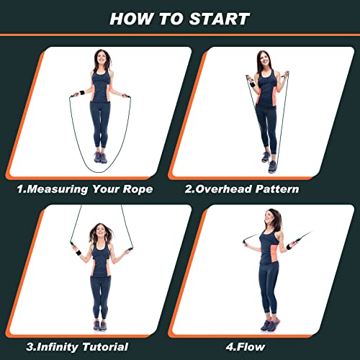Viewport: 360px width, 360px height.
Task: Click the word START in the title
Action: (x=219, y=19)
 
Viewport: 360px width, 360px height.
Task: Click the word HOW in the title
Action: (x=133, y=19)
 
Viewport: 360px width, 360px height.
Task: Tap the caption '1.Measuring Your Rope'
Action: (x=86, y=190)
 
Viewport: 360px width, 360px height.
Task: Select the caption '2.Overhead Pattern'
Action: (x=242, y=190)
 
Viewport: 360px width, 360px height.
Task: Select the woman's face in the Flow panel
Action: (x=274, y=217)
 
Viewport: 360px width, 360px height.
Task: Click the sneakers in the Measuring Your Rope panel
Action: (x=100, y=158)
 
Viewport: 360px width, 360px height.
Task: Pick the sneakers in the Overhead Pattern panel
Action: (x=269, y=161)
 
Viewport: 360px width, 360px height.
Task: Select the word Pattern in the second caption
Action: (x=273, y=190)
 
